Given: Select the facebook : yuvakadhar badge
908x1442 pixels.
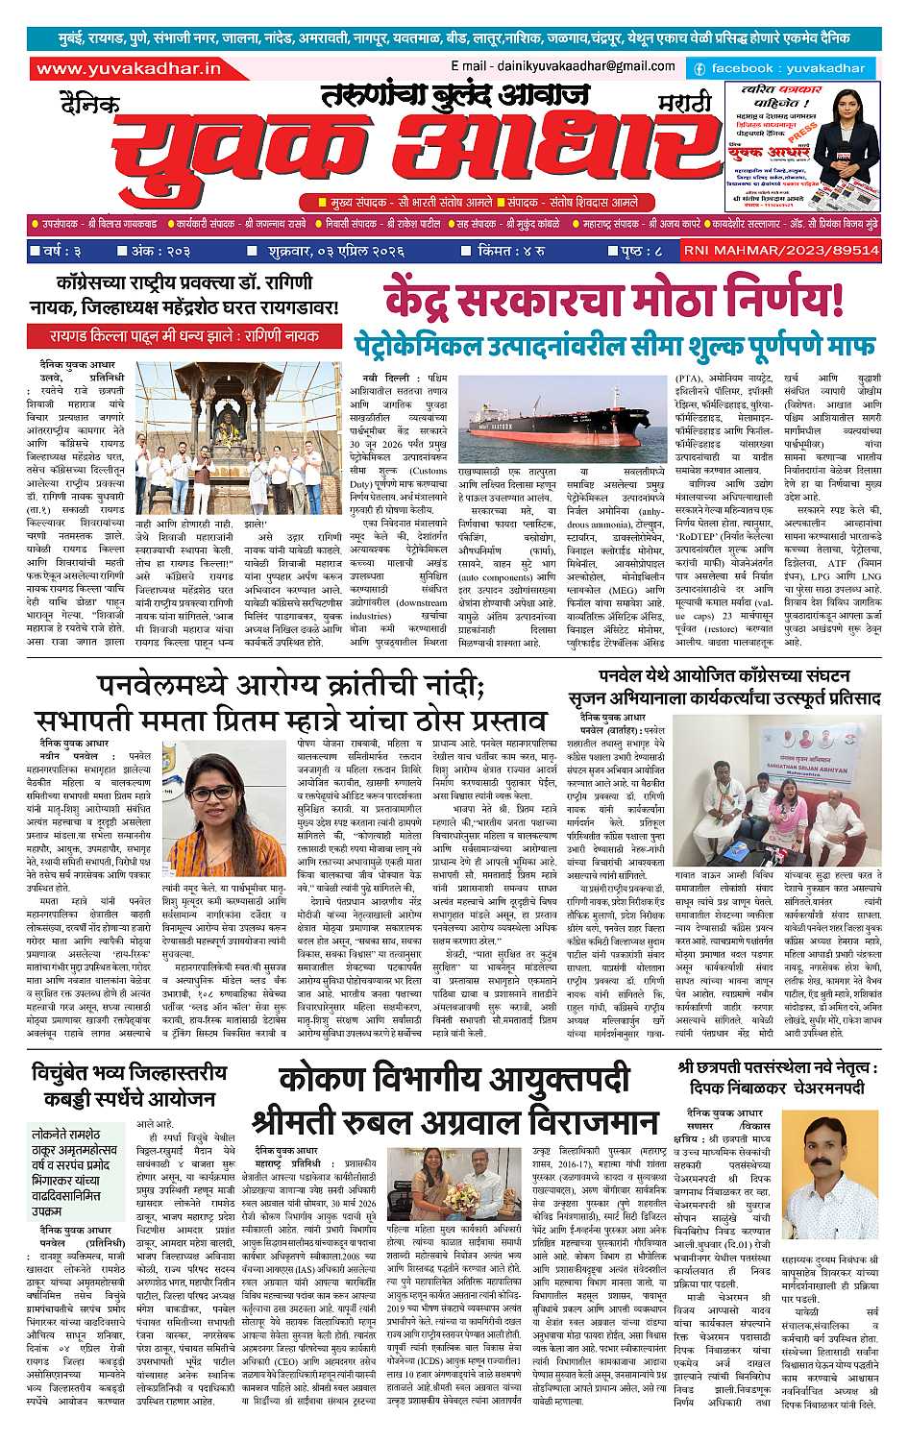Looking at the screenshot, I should (779, 68).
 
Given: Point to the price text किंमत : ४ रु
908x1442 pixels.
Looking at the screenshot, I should (511, 251).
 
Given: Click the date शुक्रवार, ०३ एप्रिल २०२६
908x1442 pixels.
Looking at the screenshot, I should (336, 251).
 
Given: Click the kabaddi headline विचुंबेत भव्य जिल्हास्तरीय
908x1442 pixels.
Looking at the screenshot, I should (128, 1083).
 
